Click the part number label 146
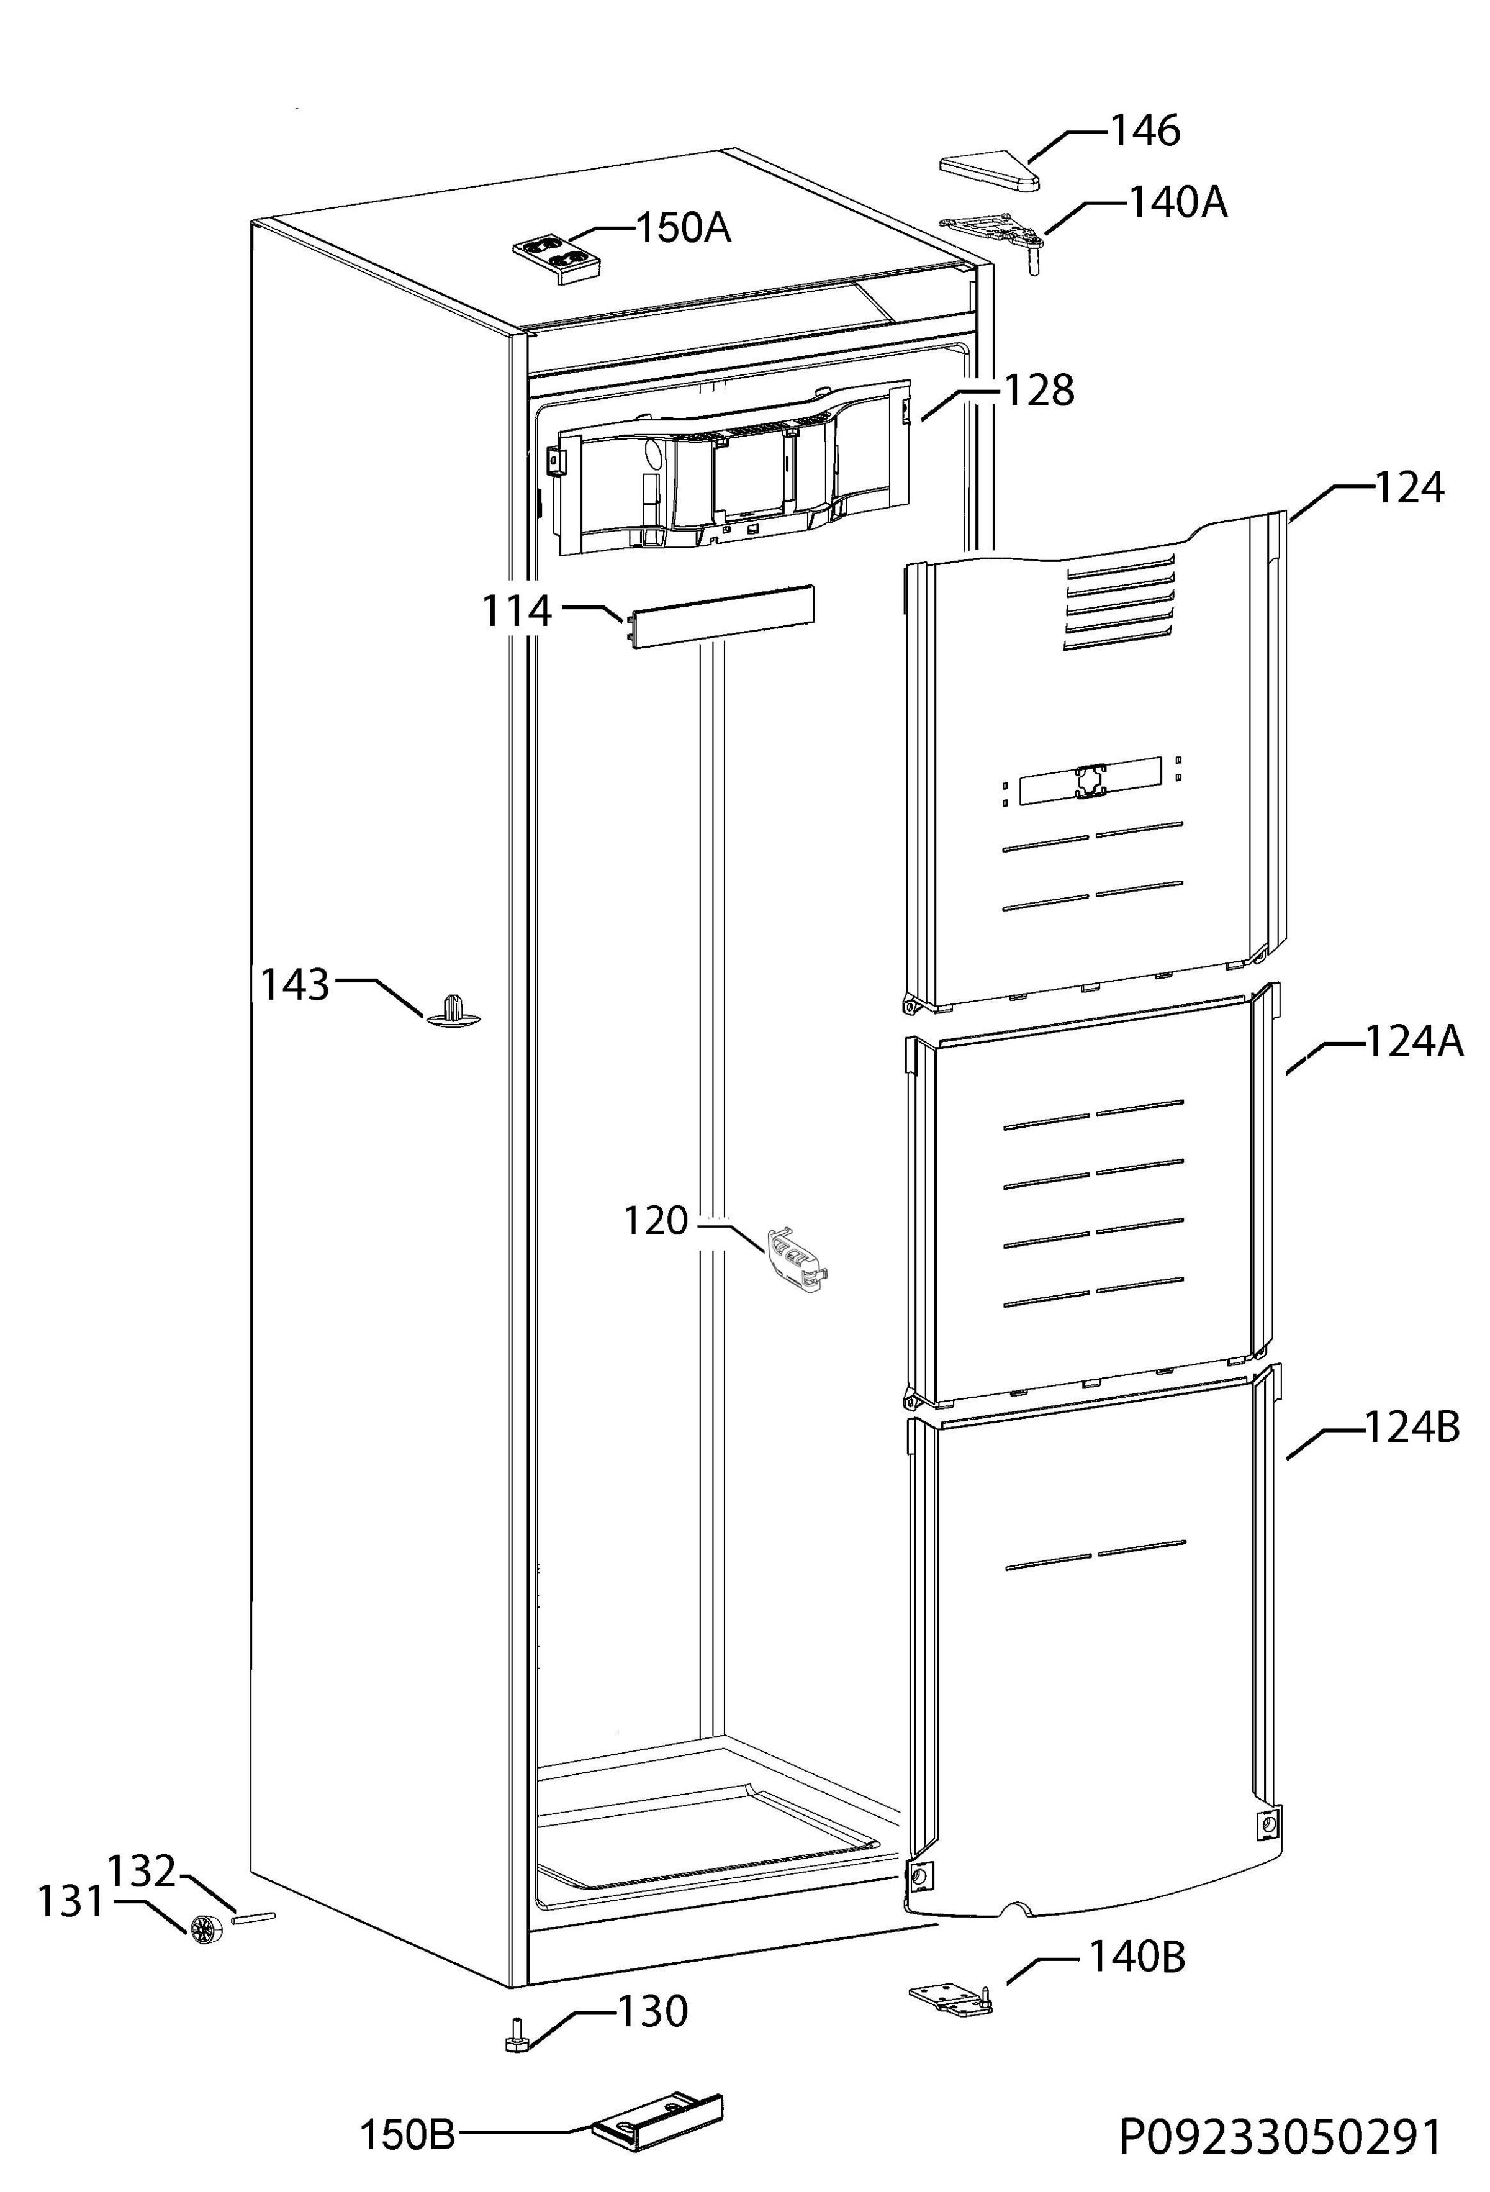tap(1145, 131)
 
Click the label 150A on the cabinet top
tap(684, 229)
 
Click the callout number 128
tap(1038, 391)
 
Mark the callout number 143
tap(294, 985)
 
